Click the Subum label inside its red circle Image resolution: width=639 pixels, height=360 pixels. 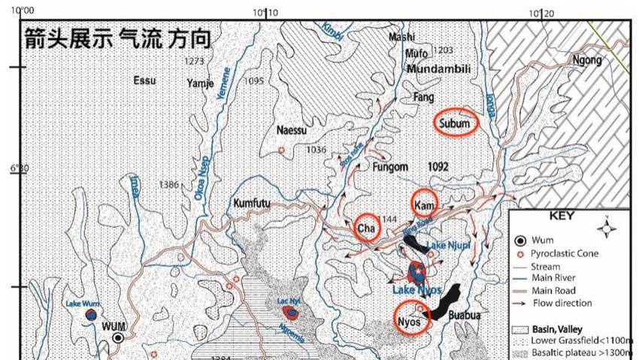(x=455, y=123)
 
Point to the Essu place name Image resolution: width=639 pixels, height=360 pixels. (x=144, y=80)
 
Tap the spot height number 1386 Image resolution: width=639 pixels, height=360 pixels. (x=169, y=184)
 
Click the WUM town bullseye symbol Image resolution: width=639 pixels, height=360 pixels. (x=118, y=338)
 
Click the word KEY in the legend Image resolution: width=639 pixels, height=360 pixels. (x=562, y=216)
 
